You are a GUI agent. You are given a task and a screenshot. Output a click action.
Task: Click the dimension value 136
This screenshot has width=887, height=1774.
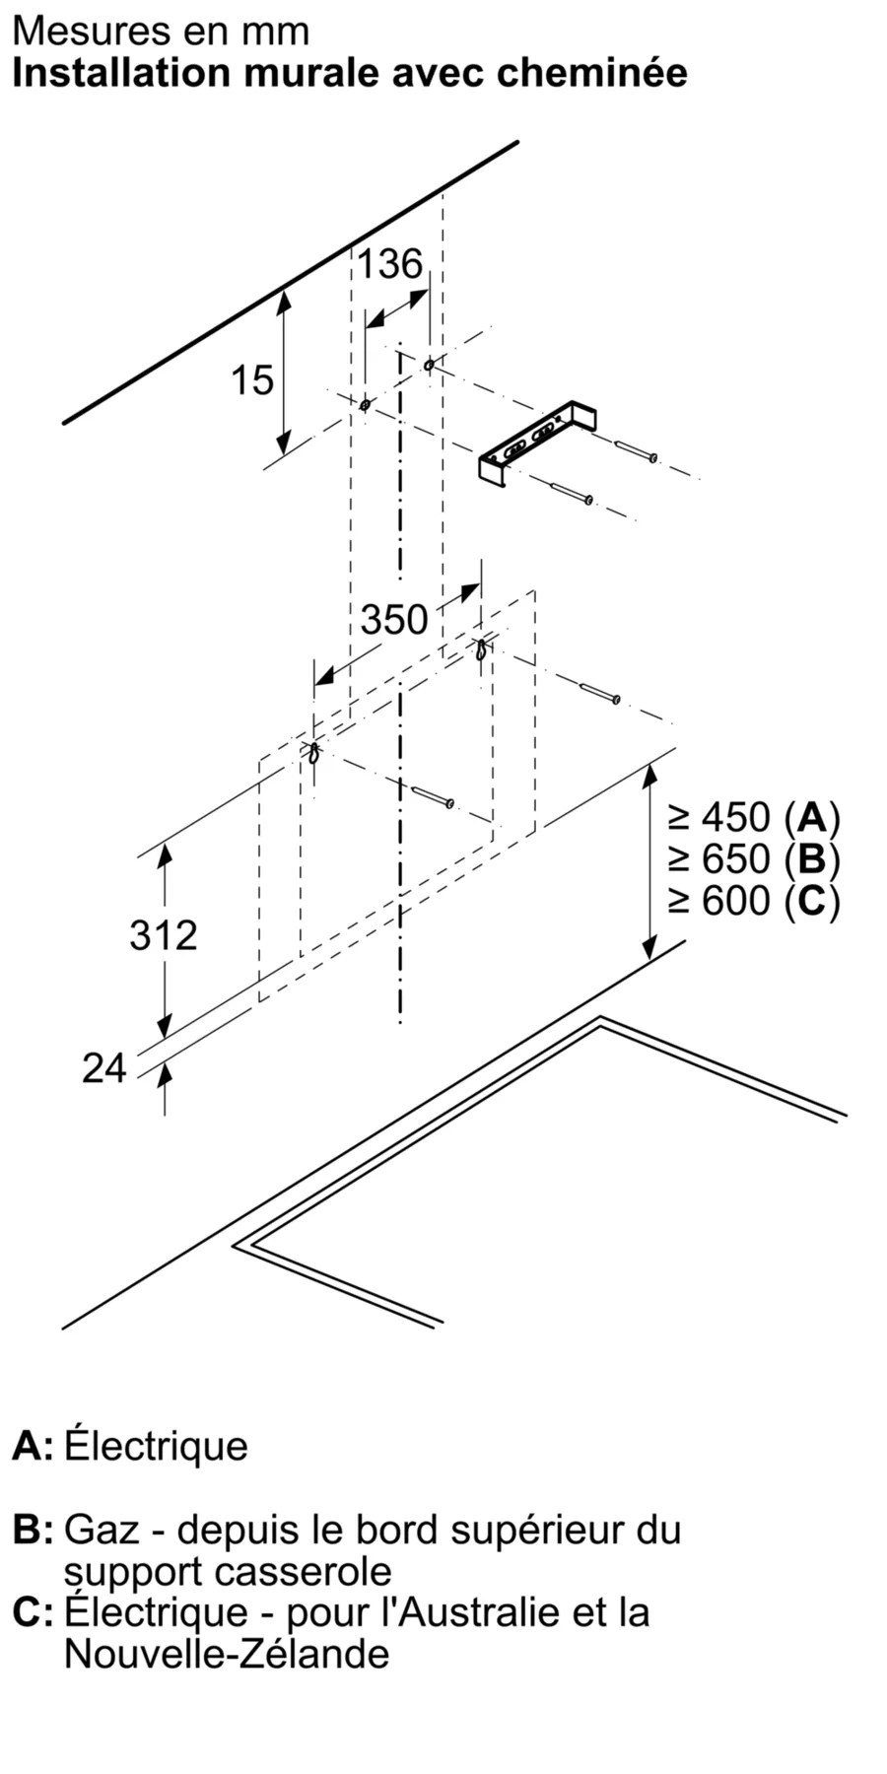click(389, 264)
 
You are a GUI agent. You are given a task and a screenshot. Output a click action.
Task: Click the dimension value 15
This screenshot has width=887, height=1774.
click(251, 380)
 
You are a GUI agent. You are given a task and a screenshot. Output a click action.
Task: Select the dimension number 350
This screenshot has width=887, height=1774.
click(393, 620)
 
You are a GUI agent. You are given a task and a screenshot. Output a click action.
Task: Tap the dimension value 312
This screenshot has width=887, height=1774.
click(164, 934)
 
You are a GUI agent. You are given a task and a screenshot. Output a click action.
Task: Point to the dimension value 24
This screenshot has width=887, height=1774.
click(104, 1068)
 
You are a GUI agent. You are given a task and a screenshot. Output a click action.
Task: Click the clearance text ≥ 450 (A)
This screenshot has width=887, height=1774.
click(754, 817)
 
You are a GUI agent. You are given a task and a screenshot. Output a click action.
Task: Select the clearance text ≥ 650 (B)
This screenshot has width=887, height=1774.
click(754, 859)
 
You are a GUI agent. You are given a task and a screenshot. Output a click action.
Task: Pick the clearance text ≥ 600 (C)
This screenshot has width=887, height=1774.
click(754, 901)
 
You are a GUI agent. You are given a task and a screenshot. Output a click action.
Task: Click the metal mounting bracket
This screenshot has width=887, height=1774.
click(538, 443)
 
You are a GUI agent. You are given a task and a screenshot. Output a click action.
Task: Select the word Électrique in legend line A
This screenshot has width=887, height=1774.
click(156, 1447)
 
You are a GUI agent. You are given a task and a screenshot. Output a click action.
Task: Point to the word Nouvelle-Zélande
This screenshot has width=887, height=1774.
click(227, 1653)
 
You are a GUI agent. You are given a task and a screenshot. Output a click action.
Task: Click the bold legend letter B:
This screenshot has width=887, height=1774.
click(34, 1531)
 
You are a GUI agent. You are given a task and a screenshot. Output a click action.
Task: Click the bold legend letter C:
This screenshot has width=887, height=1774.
click(34, 1612)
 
